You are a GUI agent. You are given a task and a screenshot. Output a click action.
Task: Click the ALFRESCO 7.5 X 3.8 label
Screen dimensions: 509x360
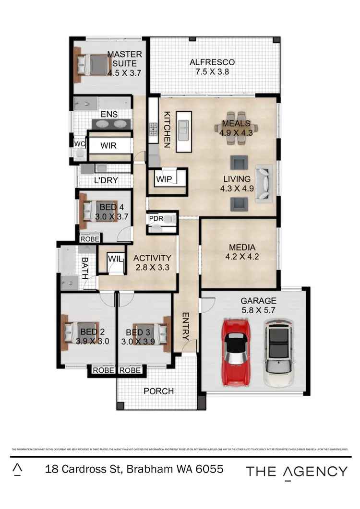212,67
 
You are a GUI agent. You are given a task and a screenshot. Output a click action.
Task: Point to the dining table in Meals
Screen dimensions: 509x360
236,128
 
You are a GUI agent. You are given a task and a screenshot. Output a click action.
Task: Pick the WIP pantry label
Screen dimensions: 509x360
163,179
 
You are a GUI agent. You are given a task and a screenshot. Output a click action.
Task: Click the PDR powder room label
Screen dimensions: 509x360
156,218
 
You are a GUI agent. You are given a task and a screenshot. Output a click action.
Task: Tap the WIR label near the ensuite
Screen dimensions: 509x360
108,146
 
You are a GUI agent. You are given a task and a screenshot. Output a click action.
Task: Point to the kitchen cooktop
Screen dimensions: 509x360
154,128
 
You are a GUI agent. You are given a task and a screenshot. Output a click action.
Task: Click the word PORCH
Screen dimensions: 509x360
158,391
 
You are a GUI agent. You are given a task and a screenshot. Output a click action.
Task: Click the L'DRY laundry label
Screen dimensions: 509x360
106,180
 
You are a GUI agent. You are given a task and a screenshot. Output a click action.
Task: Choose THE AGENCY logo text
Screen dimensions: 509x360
297,471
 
